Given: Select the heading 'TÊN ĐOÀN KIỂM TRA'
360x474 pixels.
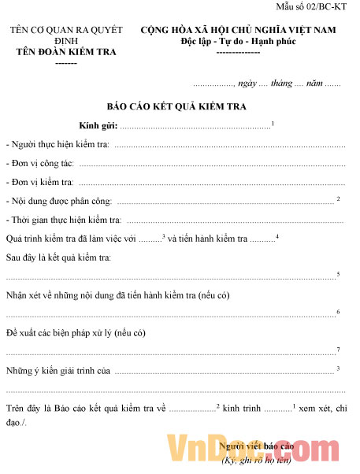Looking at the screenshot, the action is pos(66,52).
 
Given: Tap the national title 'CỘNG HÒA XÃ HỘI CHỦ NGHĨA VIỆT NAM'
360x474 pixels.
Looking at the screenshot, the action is pos(243,31).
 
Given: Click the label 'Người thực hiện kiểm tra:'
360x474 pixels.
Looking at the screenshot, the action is pos(58,146).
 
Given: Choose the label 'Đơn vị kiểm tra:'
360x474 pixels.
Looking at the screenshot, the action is pos(40,182).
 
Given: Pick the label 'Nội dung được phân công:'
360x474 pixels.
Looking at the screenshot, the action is pos(59,201).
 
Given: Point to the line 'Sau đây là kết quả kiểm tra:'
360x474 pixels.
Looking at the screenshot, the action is pos(58,257).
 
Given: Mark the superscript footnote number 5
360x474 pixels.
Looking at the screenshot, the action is pos(338,274).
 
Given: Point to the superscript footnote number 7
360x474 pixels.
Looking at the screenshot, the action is pos(338,350).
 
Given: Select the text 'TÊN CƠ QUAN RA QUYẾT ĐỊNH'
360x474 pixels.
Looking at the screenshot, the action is pos(66,35).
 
